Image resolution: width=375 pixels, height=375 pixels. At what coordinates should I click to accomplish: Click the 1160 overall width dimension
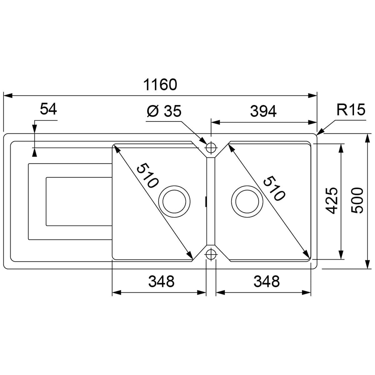[160, 85]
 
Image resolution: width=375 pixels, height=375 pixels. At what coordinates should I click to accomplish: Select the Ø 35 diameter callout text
[164, 111]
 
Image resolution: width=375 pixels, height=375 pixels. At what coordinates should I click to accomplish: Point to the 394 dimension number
[263, 111]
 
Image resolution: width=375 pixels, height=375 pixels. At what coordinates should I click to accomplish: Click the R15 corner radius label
[351, 110]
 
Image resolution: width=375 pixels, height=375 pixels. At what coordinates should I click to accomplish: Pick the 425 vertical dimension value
[332, 201]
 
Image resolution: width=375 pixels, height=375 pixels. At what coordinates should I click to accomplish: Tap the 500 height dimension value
[357, 201]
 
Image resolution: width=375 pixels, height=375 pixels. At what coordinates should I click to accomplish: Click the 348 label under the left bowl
[161, 281]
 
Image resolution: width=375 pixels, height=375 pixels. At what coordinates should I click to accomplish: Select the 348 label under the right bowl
[267, 281]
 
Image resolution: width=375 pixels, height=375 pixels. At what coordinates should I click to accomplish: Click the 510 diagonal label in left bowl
[147, 175]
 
